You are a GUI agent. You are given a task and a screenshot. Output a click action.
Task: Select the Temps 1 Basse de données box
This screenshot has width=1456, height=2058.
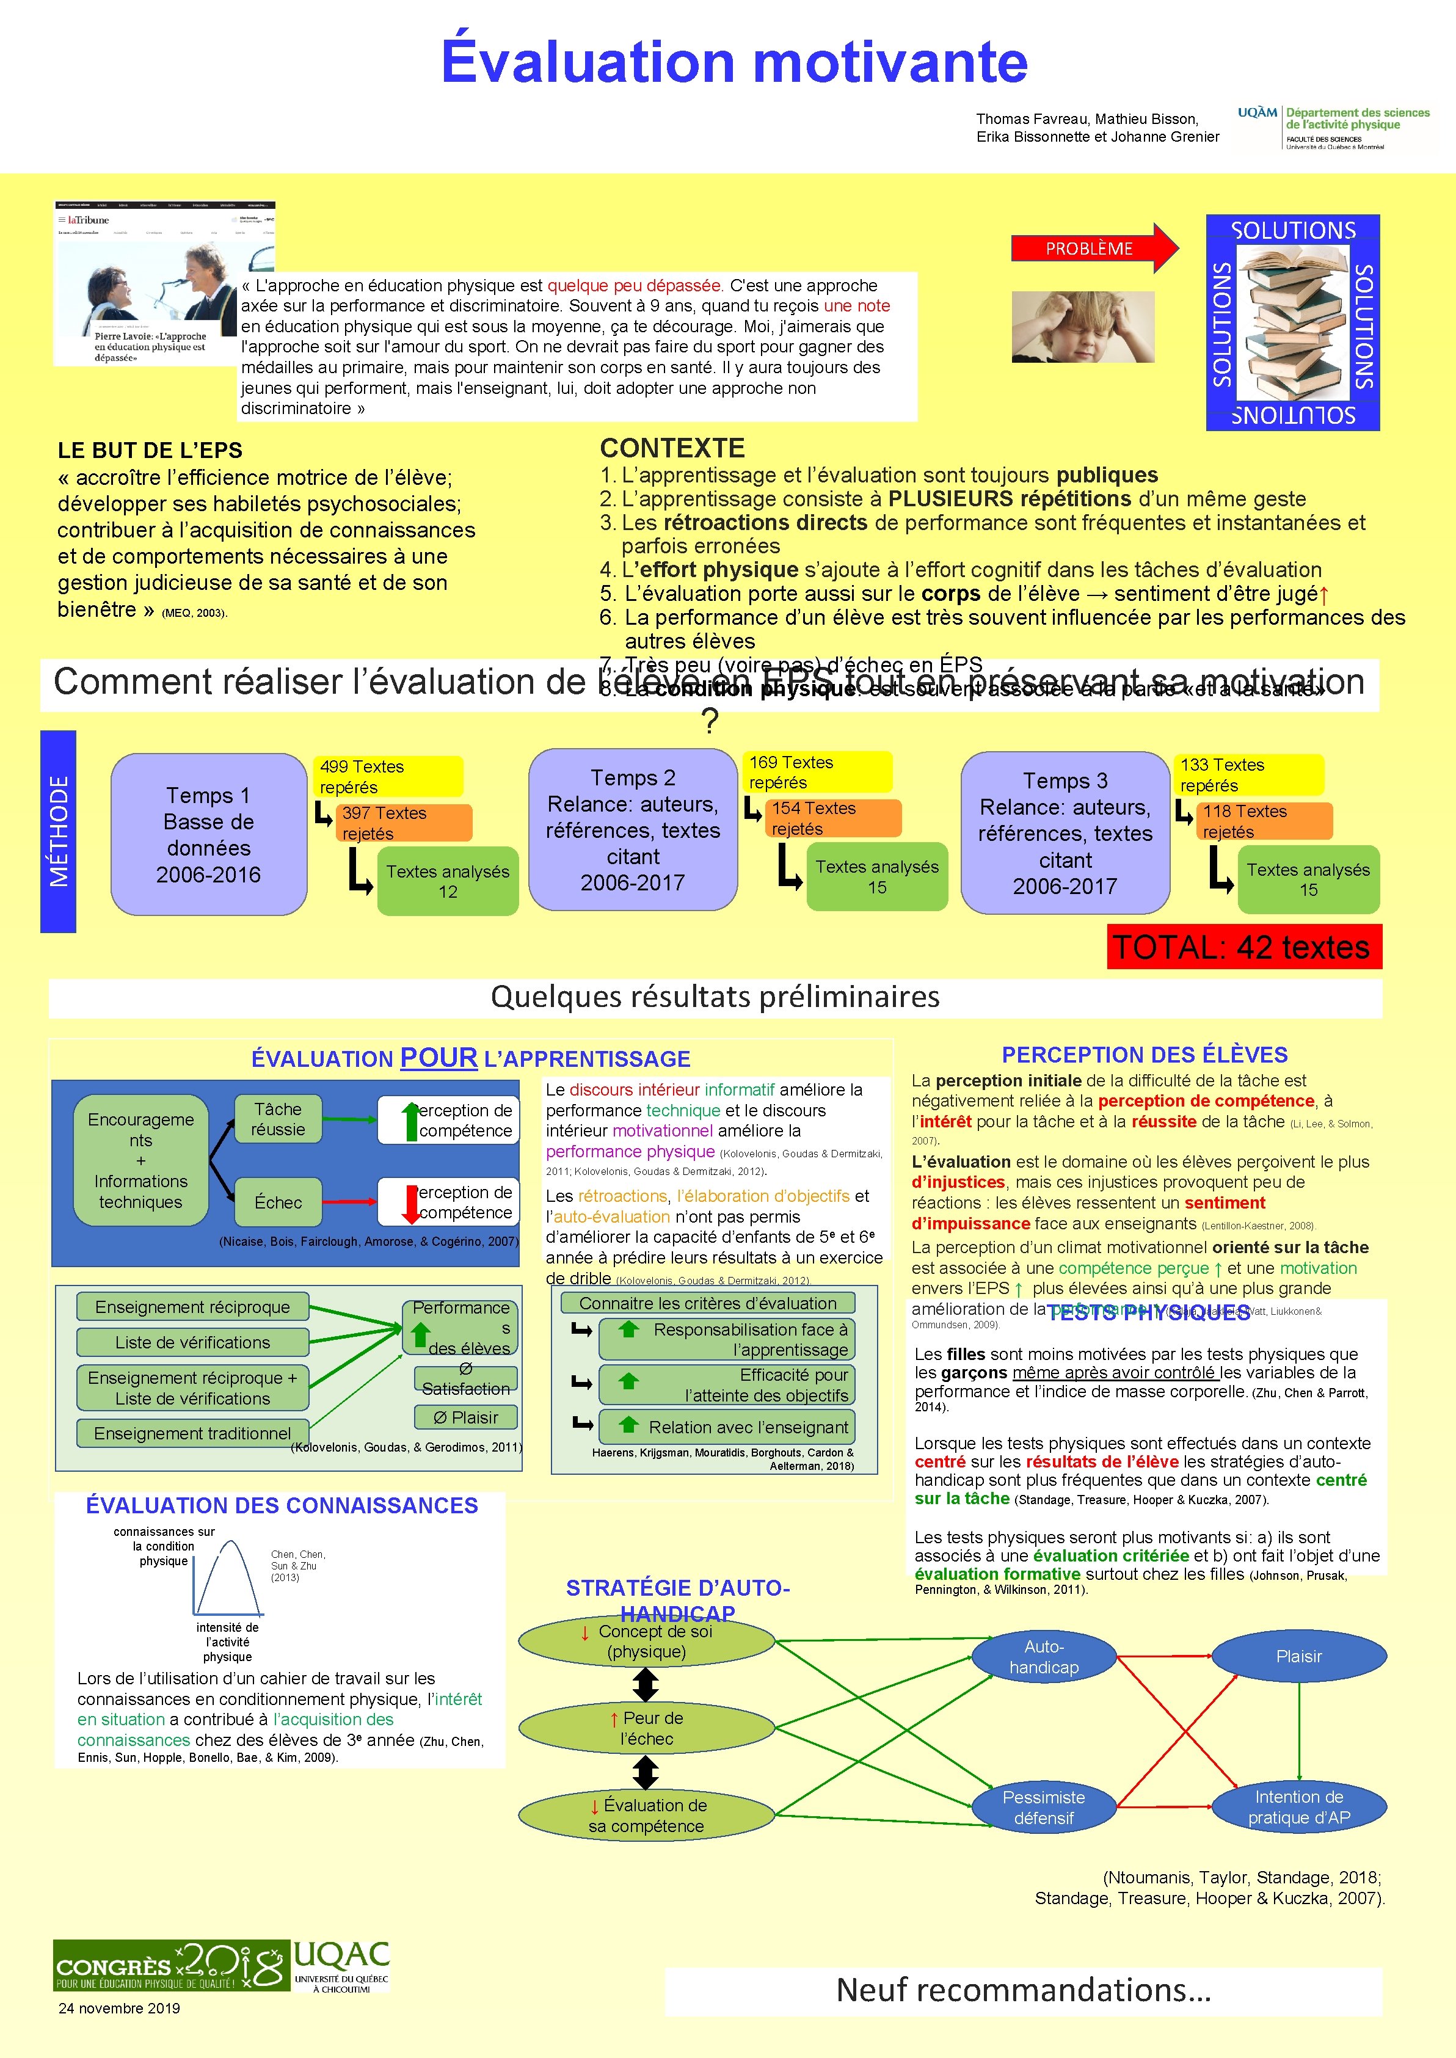click(209, 834)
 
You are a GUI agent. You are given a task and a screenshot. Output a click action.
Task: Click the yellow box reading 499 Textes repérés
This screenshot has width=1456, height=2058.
click(387, 776)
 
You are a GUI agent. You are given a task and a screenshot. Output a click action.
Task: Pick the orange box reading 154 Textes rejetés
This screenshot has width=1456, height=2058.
click(834, 818)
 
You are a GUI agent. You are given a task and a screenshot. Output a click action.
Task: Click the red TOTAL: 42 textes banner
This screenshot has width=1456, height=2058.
click(1243, 947)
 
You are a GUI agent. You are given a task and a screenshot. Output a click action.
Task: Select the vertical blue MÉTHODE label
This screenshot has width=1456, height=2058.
click(58, 831)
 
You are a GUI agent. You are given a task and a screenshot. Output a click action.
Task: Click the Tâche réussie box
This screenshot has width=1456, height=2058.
click(278, 1119)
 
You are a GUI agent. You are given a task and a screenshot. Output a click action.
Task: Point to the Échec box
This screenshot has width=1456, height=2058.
click(278, 1202)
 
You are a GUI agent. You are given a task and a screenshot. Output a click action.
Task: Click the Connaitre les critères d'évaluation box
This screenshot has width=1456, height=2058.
click(707, 1303)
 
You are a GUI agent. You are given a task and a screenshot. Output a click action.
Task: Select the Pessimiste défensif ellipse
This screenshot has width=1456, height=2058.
click(1044, 1807)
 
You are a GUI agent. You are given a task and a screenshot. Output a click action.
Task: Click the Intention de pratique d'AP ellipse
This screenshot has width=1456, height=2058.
click(1298, 1807)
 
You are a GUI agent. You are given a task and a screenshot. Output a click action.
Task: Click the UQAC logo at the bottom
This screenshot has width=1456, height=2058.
click(341, 1966)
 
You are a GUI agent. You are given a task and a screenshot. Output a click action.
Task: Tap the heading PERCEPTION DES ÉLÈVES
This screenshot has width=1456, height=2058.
click(1144, 1054)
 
